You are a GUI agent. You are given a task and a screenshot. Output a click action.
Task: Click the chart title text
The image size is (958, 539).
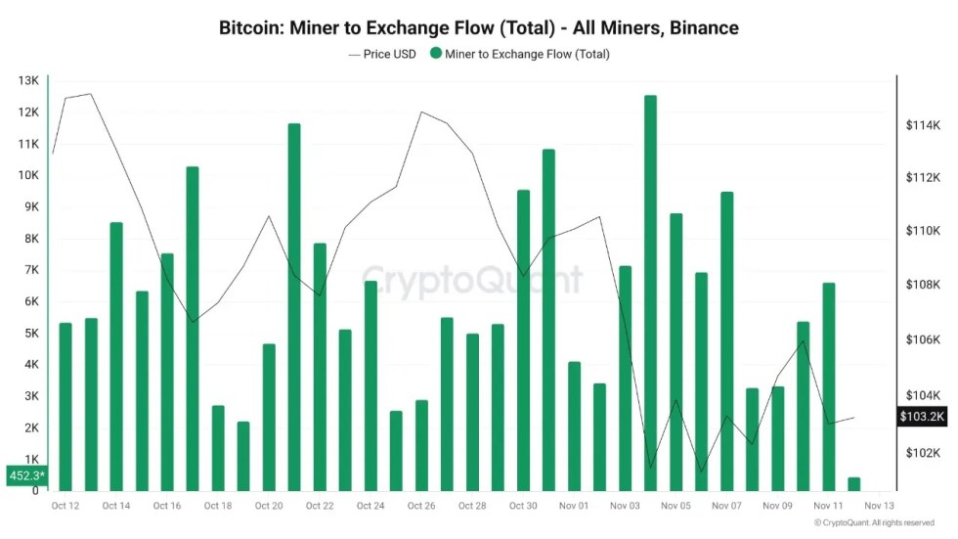pyautogui.click(x=478, y=27)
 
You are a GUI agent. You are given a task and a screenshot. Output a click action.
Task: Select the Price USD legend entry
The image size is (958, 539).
pyautogui.click(x=382, y=54)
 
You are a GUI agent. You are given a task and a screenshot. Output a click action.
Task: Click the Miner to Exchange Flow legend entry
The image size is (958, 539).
pyautogui.click(x=519, y=54)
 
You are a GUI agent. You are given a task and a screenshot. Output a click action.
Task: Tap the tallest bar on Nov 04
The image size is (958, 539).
pyautogui.click(x=650, y=293)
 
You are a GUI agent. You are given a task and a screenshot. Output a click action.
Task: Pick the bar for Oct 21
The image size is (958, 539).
pyautogui.click(x=294, y=307)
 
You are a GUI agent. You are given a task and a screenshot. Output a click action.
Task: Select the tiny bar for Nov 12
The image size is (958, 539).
pyautogui.click(x=853, y=484)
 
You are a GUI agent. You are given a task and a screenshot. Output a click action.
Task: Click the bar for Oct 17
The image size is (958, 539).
pyautogui.click(x=193, y=329)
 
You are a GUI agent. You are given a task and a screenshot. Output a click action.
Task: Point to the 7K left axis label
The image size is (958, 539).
pyautogui.click(x=30, y=270)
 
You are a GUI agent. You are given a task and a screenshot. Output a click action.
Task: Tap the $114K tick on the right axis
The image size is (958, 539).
pyautogui.click(x=922, y=125)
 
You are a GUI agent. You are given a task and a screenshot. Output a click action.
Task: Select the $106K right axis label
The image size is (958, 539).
pyautogui.click(x=922, y=339)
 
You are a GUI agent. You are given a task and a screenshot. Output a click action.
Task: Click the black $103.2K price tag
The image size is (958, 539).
pyautogui.click(x=922, y=417)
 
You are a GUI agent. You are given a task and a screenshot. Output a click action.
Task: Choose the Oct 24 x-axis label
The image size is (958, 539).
pyautogui.click(x=370, y=506)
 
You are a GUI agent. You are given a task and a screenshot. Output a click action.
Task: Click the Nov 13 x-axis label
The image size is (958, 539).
pyautogui.click(x=879, y=506)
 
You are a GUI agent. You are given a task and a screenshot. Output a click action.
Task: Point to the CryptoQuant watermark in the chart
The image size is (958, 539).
pyautogui.click(x=472, y=280)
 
